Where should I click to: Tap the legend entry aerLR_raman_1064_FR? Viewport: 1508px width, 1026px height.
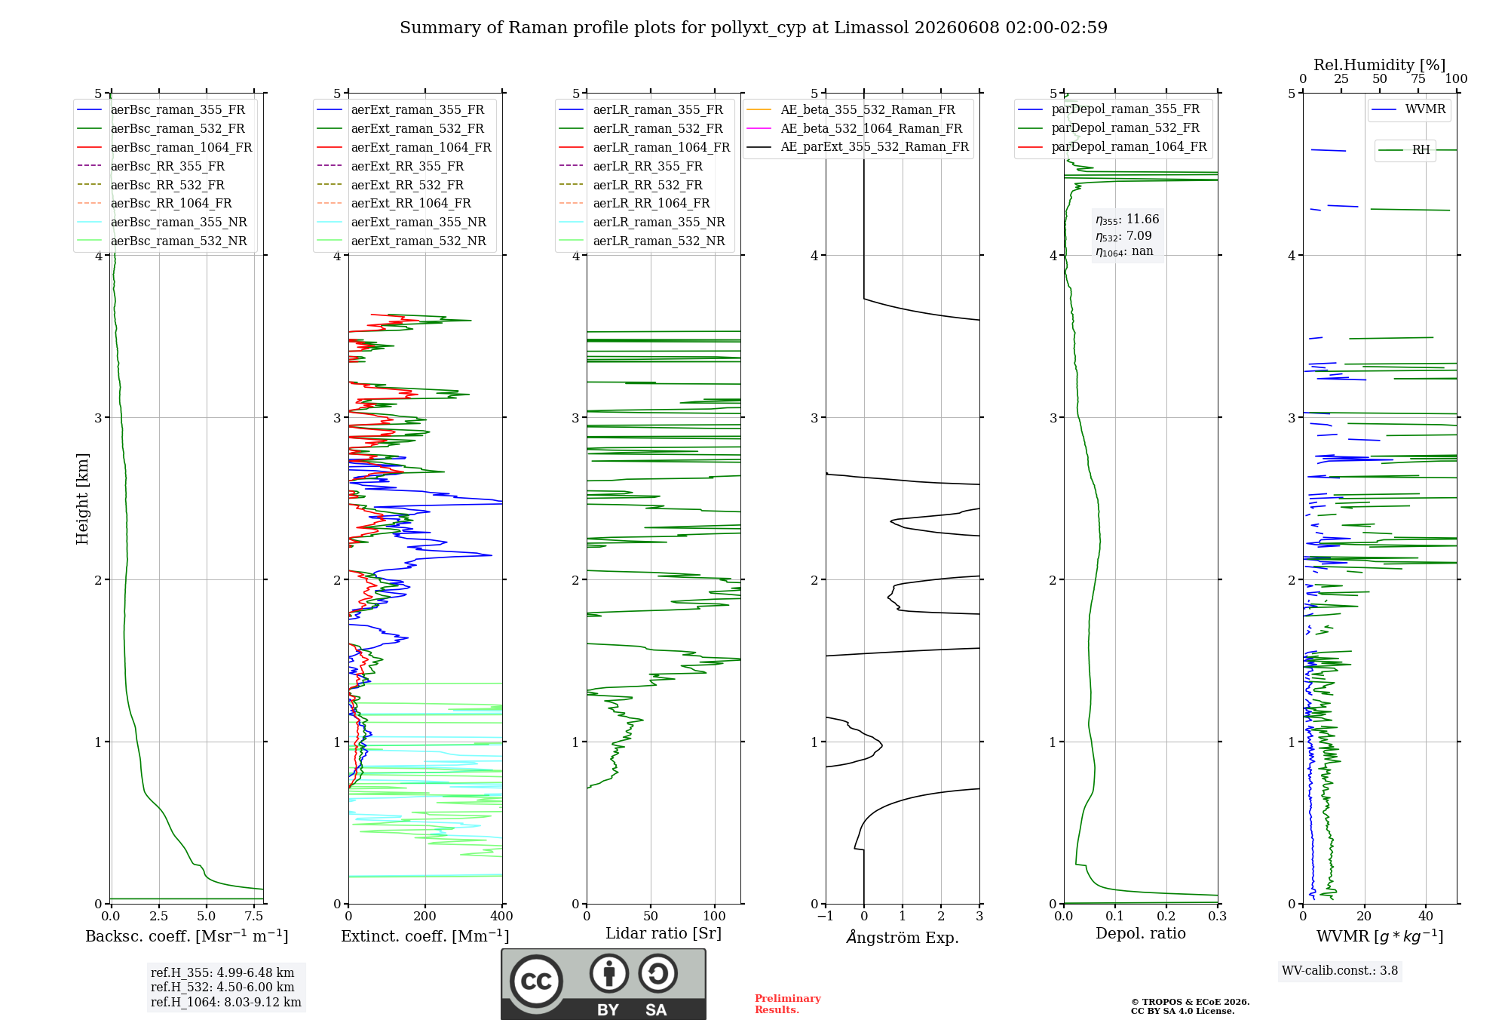(x=645, y=148)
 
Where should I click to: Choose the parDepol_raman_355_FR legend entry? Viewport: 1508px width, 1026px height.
(x=1109, y=109)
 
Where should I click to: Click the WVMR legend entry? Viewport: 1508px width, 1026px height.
(x=1409, y=109)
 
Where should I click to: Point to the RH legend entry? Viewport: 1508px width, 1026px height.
(x=1405, y=150)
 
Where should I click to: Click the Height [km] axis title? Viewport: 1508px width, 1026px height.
(x=82, y=499)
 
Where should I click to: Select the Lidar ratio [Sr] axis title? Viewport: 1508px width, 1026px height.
(x=664, y=934)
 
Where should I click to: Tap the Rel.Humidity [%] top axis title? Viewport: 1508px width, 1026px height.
(x=1380, y=65)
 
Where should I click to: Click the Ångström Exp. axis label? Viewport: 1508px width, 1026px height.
(x=903, y=937)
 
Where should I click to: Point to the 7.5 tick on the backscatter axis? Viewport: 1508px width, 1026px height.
(x=254, y=917)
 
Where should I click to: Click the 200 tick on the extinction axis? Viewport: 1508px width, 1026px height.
(x=425, y=917)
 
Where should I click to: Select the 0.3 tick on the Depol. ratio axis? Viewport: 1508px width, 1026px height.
(x=1218, y=917)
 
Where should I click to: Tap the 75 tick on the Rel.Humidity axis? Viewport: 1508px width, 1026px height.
(x=1418, y=79)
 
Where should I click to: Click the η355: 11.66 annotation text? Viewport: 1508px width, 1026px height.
(x=1127, y=220)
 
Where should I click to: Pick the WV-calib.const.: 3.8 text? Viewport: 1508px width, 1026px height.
(x=1340, y=971)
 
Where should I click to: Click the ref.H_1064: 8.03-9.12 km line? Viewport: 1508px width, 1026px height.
(x=226, y=1003)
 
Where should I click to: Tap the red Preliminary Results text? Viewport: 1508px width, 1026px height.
(x=788, y=1004)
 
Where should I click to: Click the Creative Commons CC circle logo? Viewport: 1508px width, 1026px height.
(x=536, y=981)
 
